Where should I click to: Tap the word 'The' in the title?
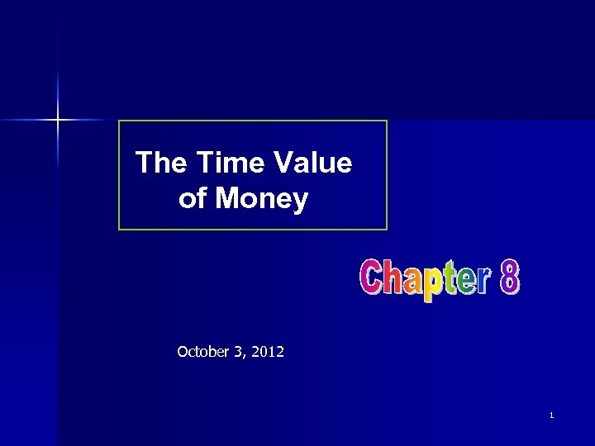pos(162,163)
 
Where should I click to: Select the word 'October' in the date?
pos(203,352)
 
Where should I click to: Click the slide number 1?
pos(550,415)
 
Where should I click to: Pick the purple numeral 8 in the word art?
pos(510,278)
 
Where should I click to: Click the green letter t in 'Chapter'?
pos(451,279)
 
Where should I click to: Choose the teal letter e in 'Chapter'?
pos(467,282)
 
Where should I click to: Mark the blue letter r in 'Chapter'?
pos(484,282)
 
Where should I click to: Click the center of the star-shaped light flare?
pos(58,121)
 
